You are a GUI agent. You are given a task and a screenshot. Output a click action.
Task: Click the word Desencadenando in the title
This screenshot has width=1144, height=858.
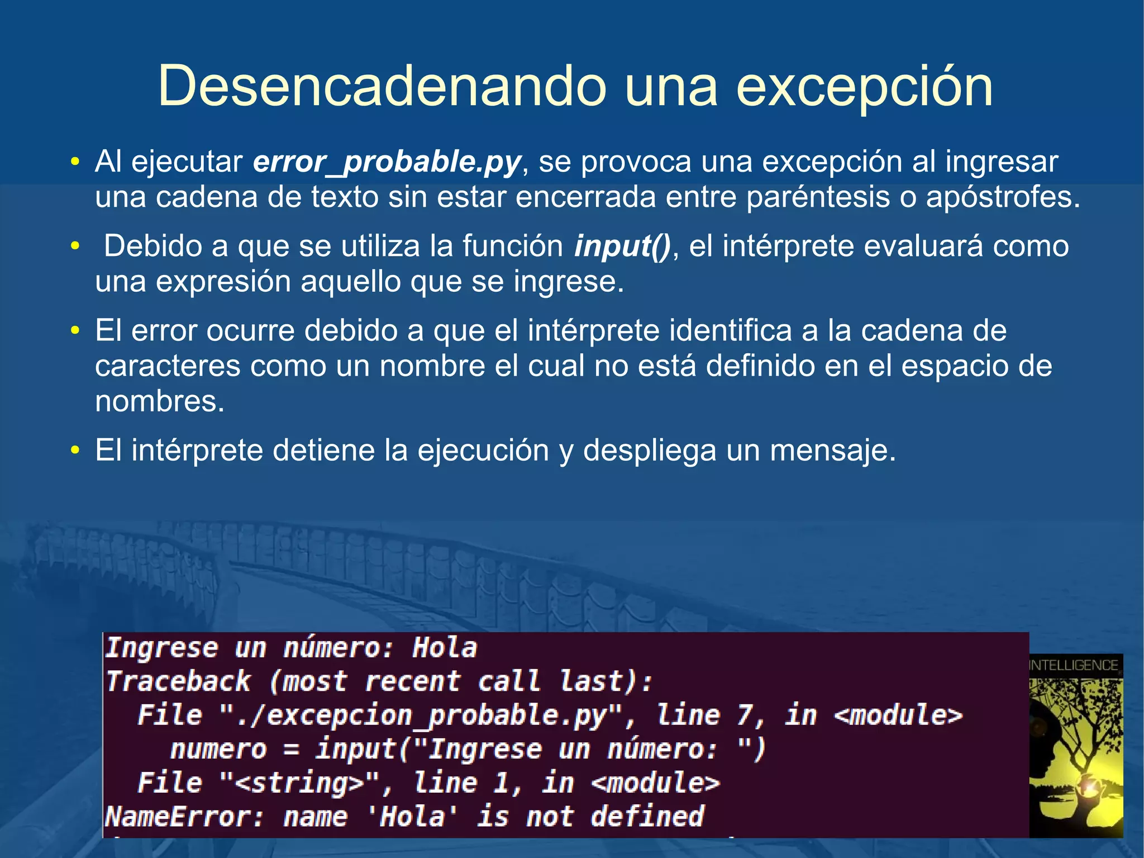click(x=382, y=86)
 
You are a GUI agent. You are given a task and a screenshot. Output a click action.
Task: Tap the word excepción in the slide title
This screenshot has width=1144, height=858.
click(x=865, y=87)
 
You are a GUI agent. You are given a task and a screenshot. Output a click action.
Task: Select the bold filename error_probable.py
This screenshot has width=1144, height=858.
click(x=387, y=162)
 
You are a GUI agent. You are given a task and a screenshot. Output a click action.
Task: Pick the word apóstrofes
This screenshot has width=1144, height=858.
click(x=1003, y=197)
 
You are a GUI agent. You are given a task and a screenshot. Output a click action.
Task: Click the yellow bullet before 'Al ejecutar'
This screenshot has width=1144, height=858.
click(x=75, y=162)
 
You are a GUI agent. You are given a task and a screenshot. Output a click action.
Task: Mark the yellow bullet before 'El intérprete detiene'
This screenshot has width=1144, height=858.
click(x=75, y=450)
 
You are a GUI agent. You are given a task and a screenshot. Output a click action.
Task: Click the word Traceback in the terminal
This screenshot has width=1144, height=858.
click(x=179, y=681)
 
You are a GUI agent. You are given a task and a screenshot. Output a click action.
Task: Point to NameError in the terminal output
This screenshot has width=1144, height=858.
click(x=184, y=817)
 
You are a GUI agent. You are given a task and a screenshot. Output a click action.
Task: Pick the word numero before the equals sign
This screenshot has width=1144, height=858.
click(x=218, y=750)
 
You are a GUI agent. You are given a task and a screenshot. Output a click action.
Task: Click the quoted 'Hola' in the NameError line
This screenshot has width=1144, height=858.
click(x=412, y=817)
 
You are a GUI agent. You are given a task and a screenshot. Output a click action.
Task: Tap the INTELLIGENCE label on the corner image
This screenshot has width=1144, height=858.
click(x=1074, y=665)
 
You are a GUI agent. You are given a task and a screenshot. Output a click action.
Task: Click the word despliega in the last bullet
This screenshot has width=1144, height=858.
click(x=649, y=451)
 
